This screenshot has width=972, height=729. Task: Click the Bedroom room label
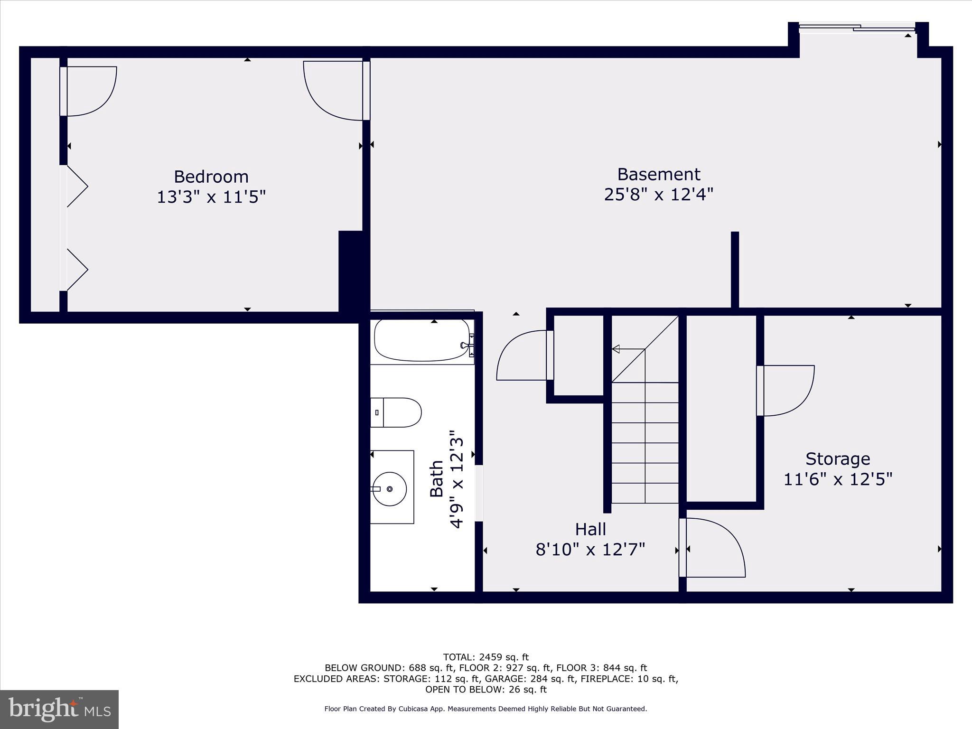pyautogui.click(x=211, y=177)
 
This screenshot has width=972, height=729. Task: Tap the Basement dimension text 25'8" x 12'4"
pyautogui.click(x=658, y=195)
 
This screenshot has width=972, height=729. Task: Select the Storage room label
pyautogui.click(x=838, y=459)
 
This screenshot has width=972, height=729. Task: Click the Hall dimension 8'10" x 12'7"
pyautogui.click(x=590, y=550)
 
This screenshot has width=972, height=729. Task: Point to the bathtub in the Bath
pyautogui.click(x=421, y=341)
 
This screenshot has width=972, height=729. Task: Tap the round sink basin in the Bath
pyautogui.click(x=390, y=489)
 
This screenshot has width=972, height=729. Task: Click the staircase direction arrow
pyautogui.click(x=617, y=349)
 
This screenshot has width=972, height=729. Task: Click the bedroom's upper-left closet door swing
pyautogui.click(x=89, y=91)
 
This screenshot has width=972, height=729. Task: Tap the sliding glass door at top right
pyautogui.click(x=857, y=28)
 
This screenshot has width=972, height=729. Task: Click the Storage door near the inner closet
pyautogui.click(x=785, y=390)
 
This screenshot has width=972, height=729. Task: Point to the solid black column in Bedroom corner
pyautogui.click(x=351, y=271)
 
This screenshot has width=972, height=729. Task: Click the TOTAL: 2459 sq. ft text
pyautogui.click(x=486, y=657)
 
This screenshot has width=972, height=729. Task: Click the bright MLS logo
pyautogui.click(x=59, y=709)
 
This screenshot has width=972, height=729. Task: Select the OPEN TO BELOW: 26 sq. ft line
pyautogui.click(x=486, y=689)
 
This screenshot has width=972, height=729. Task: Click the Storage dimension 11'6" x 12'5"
pyautogui.click(x=838, y=479)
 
